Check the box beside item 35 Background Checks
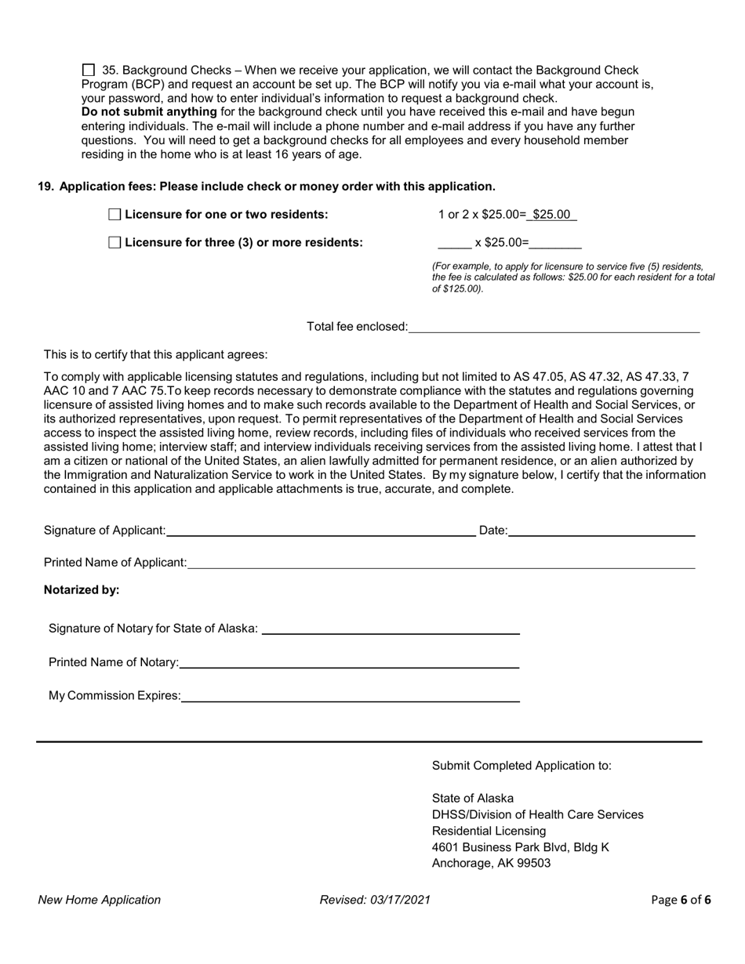click(88, 71)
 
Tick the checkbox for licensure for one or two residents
click(114, 215)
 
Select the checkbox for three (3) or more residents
click(114, 243)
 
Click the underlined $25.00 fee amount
click(551, 215)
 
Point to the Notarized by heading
click(82, 590)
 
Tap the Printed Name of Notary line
click(349, 662)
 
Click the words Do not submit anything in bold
click(149, 112)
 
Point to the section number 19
click(45, 187)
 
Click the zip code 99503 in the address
click(533, 863)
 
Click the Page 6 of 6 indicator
click(681, 900)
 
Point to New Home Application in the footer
click(100, 900)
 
